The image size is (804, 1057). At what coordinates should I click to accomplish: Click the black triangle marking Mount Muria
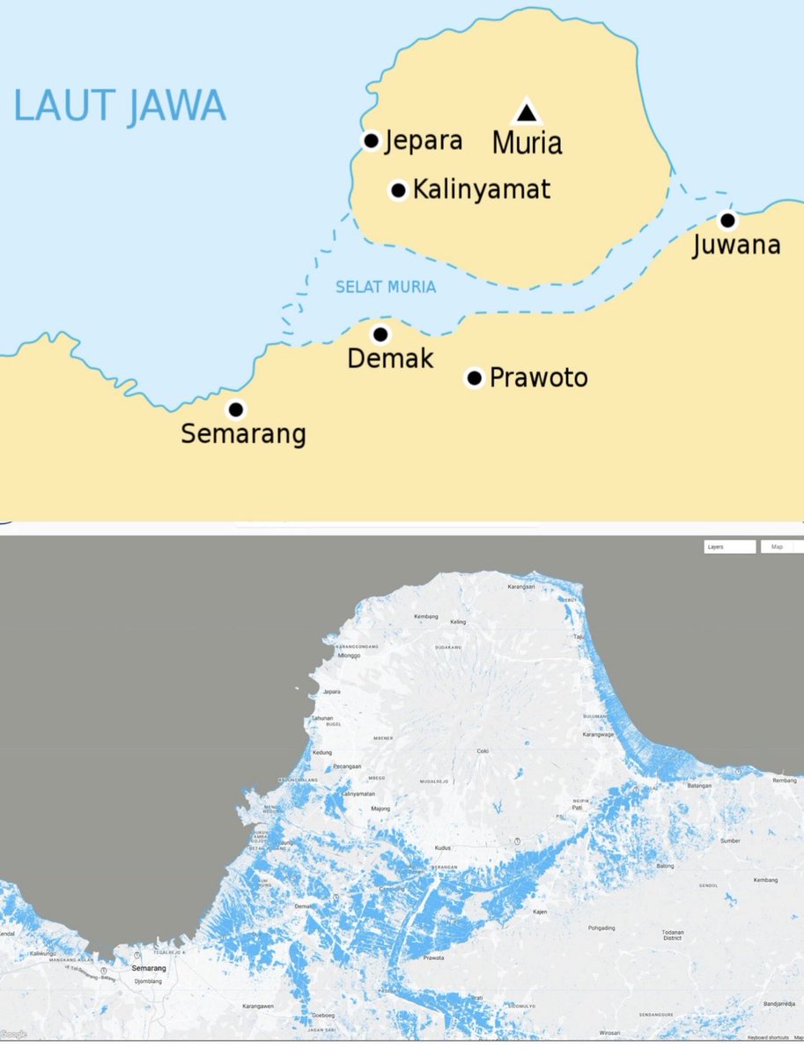click(x=526, y=112)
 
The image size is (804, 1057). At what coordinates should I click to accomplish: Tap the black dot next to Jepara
click(x=372, y=140)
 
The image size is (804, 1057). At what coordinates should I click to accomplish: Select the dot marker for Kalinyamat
click(x=398, y=189)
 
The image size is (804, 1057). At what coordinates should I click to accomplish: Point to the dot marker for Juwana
click(x=727, y=220)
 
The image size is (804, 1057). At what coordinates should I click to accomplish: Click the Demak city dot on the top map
click(x=380, y=334)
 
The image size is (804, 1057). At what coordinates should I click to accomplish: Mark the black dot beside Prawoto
click(x=475, y=378)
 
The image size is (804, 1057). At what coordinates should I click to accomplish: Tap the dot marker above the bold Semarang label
click(x=236, y=409)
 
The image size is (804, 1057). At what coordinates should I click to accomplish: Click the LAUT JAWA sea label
click(x=120, y=106)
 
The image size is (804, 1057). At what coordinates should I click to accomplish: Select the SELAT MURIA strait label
click(x=386, y=287)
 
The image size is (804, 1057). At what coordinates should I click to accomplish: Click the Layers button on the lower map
click(x=729, y=547)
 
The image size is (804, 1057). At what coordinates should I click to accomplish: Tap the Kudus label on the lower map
click(x=443, y=848)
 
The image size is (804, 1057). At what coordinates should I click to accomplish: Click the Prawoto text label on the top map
click(x=538, y=378)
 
